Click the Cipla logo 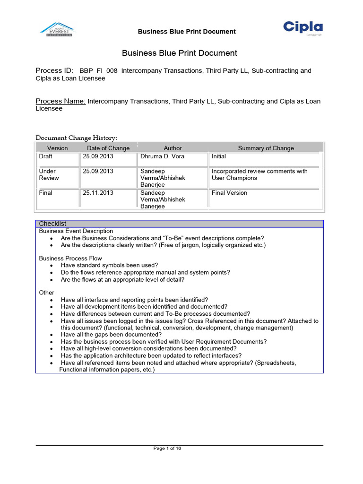303,29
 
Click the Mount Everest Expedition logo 56,30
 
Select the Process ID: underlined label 54,71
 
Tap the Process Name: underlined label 60,101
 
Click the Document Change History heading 77,138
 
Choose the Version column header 58,148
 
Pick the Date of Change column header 108,148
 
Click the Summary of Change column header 266,148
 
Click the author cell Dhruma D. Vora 162,156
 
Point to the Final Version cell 229,193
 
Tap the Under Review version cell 49,174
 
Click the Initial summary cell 219,156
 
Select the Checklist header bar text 52,224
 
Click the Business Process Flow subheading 70,259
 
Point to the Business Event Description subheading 76,231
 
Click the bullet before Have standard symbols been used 51,266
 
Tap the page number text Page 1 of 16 167,449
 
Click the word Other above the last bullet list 46,293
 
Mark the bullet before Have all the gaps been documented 51,335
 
